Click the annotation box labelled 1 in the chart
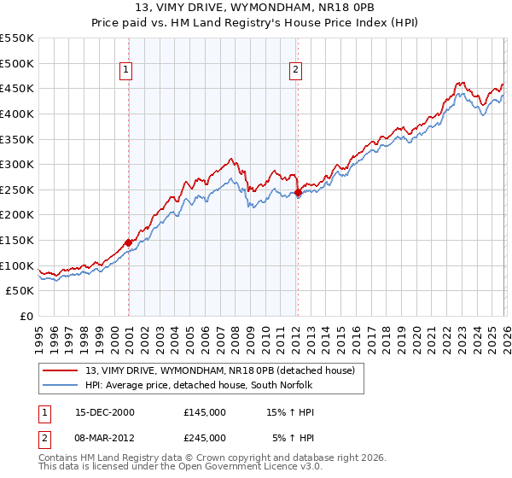126,70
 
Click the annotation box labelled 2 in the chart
295,70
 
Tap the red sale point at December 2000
128,242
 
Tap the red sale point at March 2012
298,193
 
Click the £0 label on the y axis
26,317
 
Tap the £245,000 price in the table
205,438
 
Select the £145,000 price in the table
205,412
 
